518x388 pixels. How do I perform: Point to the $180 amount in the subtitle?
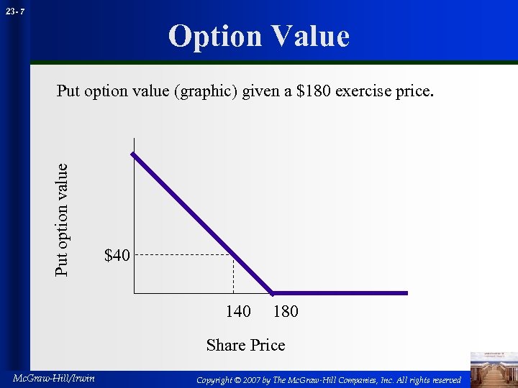pyautogui.click(x=314, y=92)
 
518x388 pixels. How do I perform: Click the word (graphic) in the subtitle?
pyautogui.click(x=206, y=92)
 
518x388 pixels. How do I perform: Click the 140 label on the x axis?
pyautogui.click(x=238, y=311)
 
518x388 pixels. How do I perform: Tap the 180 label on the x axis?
pyautogui.click(x=286, y=311)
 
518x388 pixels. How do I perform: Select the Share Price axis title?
pyautogui.click(x=245, y=345)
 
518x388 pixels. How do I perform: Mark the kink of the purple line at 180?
pyautogui.click(x=272, y=292)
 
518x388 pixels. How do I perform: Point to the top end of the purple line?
pyautogui.click(x=132, y=154)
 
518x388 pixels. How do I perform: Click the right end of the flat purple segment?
pyautogui.click(x=406, y=292)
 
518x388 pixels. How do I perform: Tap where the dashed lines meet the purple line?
pyautogui.click(x=233, y=254)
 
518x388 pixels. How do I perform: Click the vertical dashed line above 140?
pyautogui.click(x=233, y=274)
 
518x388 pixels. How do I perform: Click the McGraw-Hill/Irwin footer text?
pyautogui.click(x=54, y=379)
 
